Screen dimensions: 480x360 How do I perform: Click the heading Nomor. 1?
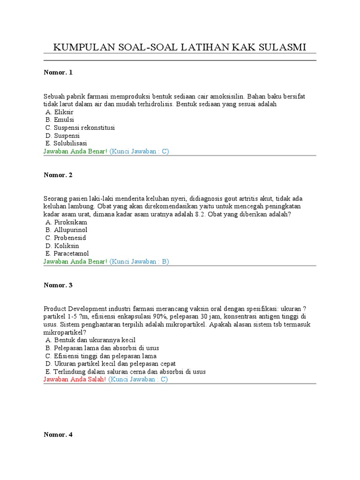click(x=58, y=73)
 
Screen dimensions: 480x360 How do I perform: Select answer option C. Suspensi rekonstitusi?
click(x=80, y=127)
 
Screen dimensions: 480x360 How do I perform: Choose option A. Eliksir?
click(x=60, y=112)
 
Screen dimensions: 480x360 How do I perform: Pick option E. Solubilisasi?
click(x=66, y=143)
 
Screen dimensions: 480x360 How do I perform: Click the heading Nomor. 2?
click(x=58, y=175)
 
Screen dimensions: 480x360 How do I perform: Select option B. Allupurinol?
click(x=67, y=230)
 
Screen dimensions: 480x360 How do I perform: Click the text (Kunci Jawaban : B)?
click(x=139, y=262)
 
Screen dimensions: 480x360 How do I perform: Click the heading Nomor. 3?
click(x=58, y=285)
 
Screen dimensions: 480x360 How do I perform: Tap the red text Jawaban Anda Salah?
click(x=75, y=379)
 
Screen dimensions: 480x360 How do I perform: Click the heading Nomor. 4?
click(x=58, y=435)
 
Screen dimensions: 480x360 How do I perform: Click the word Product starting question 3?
click(x=55, y=308)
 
